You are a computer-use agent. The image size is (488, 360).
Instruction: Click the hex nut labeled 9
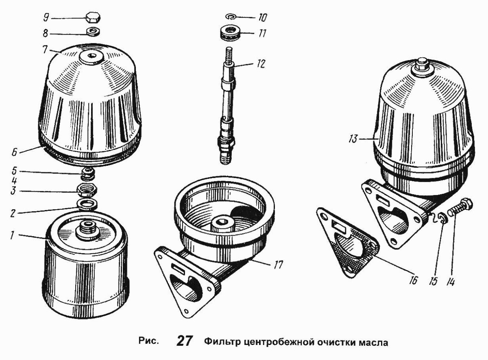click(94, 18)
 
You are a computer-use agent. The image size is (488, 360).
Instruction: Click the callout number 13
click(353, 139)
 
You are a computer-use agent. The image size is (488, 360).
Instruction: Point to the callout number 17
click(278, 265)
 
